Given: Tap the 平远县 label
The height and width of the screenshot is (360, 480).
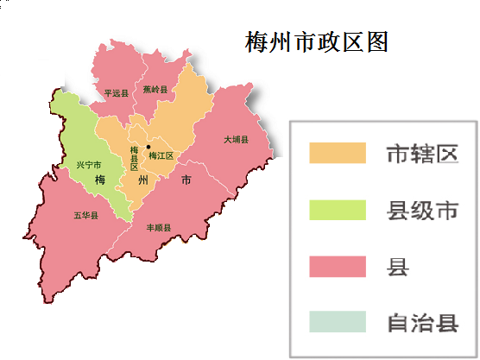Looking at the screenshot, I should click(116, 93).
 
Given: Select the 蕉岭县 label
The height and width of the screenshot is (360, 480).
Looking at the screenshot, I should click(155, 89).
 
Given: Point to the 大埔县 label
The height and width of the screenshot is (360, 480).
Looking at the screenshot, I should click(236, 139).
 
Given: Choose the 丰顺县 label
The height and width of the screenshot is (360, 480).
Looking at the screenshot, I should click(159, 228).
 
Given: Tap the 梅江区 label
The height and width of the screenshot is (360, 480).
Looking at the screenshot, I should click(161, 156).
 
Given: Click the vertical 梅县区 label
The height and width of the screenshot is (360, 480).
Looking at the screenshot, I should click(134, 158).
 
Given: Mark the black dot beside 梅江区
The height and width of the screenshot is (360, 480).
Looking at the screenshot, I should click(148, 147).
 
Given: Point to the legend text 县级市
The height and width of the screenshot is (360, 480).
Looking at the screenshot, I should click(420, 210).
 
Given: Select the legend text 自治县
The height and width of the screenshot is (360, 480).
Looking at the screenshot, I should click(420, 323).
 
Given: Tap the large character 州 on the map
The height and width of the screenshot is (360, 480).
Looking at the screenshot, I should click(143, 180).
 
